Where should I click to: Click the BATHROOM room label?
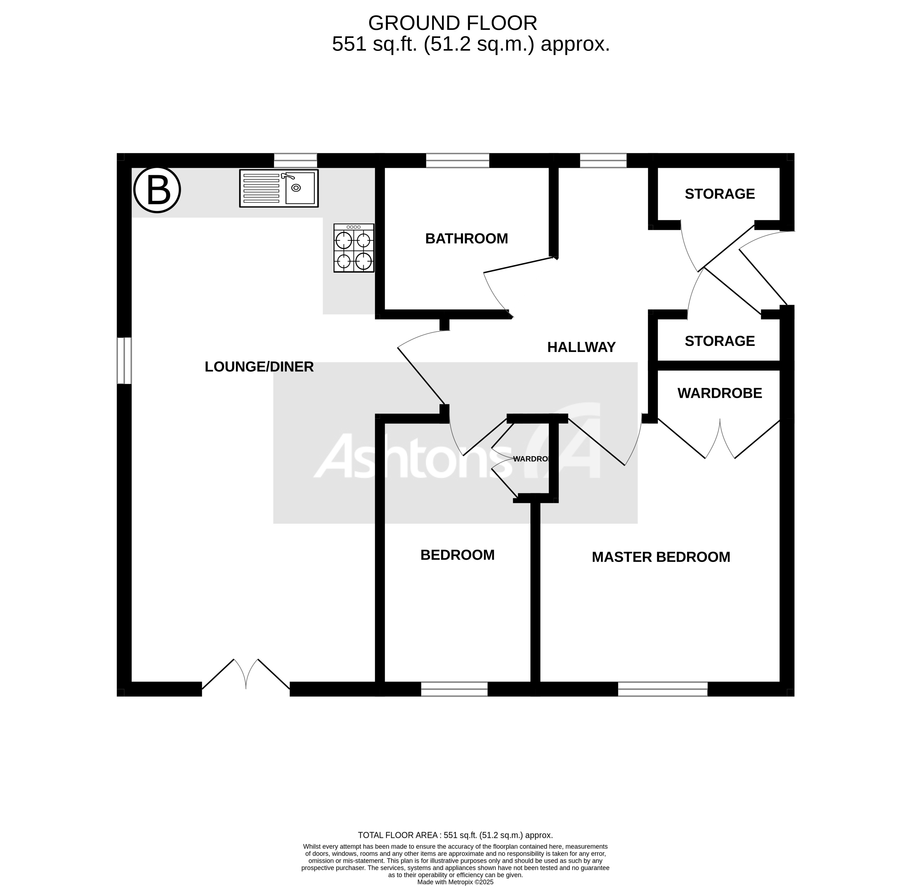pyautogui.click(x=467, y=239)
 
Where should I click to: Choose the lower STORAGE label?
pyautogui.click(x=719, y=341)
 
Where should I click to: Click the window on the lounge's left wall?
pyautogui.click(x=124, y=361)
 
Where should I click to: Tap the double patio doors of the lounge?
pyautogui.click(x=246, y=675)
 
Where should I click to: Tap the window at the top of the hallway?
pyautogui.click(x=603, y=160)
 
